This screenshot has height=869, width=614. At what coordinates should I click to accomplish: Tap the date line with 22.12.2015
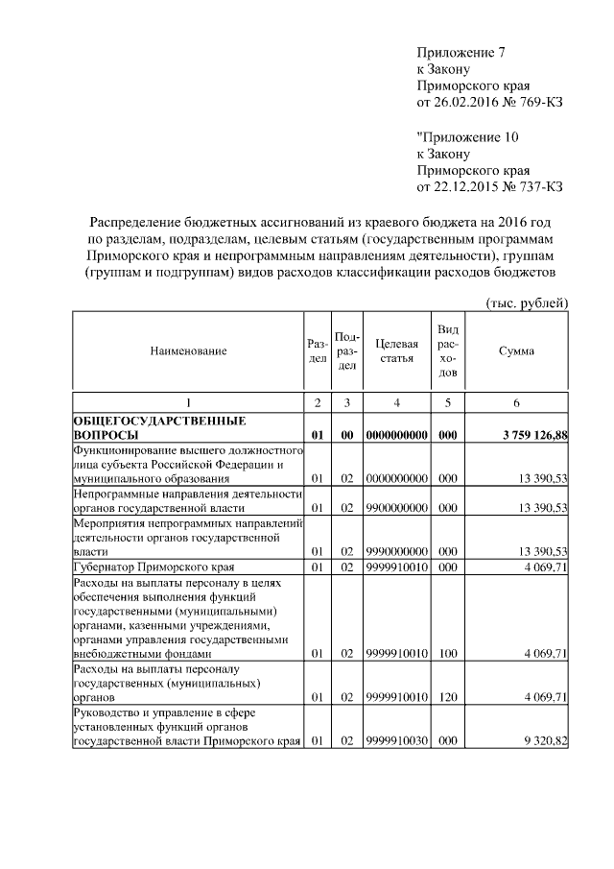(488, 187)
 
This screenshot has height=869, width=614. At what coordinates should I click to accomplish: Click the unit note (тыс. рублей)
(528, 303)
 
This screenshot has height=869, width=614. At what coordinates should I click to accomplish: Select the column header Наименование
(188, 351)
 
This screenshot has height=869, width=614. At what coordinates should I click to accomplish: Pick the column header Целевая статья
(395, 351)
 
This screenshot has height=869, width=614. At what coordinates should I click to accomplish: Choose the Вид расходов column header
(447, 351)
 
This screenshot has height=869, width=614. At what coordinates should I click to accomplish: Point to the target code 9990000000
(395, 551)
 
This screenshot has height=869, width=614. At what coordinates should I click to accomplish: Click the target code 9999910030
(395, 741)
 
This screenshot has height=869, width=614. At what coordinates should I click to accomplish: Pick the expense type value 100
(447, 654)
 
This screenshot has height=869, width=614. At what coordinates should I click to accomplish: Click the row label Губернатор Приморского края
(153, 567)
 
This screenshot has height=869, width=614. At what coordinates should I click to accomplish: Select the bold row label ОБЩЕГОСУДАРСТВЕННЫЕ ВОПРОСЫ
(153, 428)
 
